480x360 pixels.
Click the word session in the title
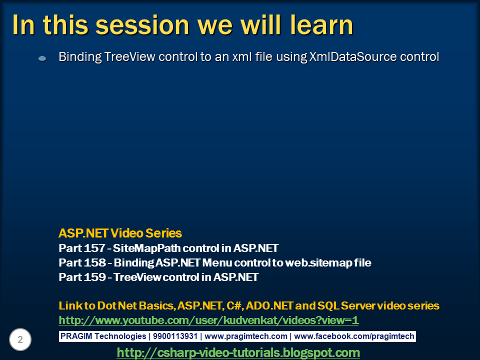point(142,25)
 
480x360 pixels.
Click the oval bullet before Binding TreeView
point(42,58)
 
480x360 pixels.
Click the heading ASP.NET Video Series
point(120,233)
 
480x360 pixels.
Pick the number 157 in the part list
point(94,248)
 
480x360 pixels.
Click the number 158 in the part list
point(94,262)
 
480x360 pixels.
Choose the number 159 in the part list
point(94,277)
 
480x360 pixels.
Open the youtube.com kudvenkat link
point(208,320)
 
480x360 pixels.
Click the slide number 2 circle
point(20,339)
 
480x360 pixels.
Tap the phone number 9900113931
point(175,336)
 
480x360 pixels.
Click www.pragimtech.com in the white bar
point(246,336)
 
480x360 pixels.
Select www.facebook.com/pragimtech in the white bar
point(354,336)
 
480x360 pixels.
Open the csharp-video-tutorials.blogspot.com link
point(238,352)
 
